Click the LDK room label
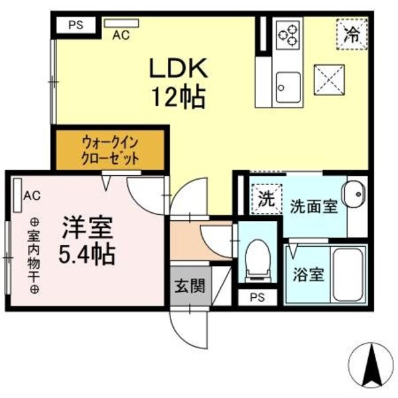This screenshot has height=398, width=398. (x=178, y=68)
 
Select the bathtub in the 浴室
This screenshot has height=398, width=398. (x=349, y=275)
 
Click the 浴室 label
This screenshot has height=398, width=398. (x=308, y=275)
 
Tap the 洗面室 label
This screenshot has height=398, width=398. (x=313, y=206)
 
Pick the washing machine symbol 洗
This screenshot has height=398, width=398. (x=265, y=198)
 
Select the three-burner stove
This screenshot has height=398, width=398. (x=290, y=34)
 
